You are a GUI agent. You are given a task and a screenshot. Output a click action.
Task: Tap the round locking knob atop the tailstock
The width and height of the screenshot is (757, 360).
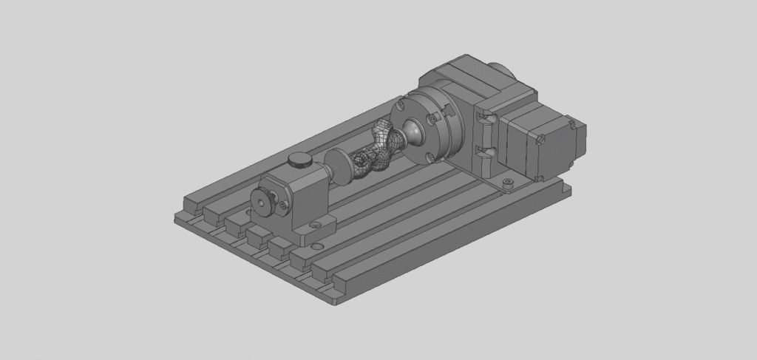[x=299, y=159]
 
